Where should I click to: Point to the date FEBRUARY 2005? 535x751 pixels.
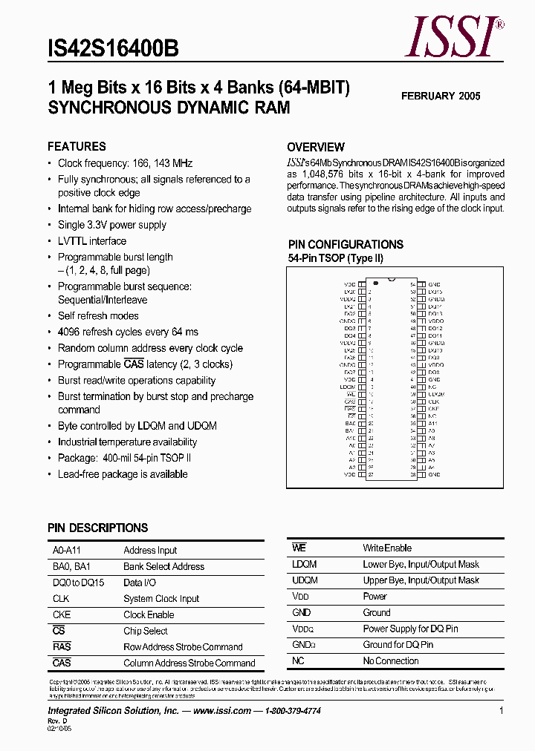441,96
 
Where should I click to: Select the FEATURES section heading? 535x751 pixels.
77,146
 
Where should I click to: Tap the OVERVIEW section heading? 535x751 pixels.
316,147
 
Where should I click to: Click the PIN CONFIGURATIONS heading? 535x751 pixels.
346,244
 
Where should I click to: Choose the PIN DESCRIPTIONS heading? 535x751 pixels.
97,528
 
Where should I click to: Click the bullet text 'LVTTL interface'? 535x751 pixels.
92,241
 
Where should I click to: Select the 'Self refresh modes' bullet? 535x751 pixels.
98,316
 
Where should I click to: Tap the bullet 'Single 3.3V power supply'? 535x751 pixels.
112,225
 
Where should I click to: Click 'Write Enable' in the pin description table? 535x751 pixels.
387,548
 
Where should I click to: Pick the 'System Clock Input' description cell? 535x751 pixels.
161,598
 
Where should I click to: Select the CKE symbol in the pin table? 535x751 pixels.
62,614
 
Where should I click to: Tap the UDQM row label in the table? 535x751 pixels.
305,580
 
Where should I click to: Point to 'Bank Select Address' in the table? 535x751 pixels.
163,566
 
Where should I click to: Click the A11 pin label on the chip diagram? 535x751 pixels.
432,423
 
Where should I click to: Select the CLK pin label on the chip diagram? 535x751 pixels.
433,401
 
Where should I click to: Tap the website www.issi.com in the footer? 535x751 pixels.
221,710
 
